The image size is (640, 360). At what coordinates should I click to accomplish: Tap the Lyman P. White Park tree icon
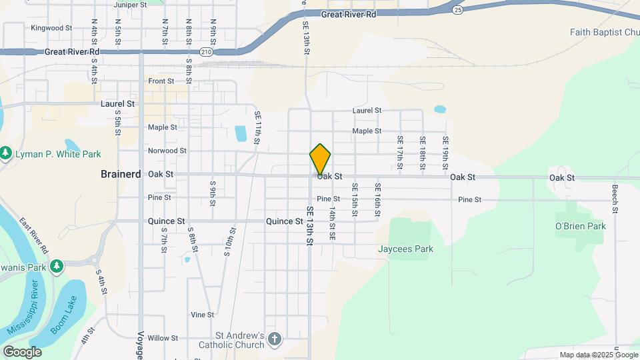pos(6,154)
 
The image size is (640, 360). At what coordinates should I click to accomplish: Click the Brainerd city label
pos(120,174)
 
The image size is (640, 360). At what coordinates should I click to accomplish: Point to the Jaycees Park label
pos(405,249)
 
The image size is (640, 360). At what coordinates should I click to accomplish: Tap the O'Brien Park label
pos(581,226)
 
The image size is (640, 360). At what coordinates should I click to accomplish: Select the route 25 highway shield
pos(457,10)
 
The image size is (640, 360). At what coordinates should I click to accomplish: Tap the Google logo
pos(21,352)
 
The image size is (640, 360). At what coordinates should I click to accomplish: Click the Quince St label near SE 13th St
pos(284,221)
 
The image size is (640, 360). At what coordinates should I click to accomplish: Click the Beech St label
pos(615,200)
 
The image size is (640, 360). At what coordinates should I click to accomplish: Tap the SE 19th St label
pos(445,152)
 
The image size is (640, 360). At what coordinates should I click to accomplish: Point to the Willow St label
pos(163,338)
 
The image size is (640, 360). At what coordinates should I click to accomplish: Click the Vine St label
pos(202,315)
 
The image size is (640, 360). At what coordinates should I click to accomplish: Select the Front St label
pos(161,81)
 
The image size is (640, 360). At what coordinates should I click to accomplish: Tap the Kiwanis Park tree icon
pos(57,267)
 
